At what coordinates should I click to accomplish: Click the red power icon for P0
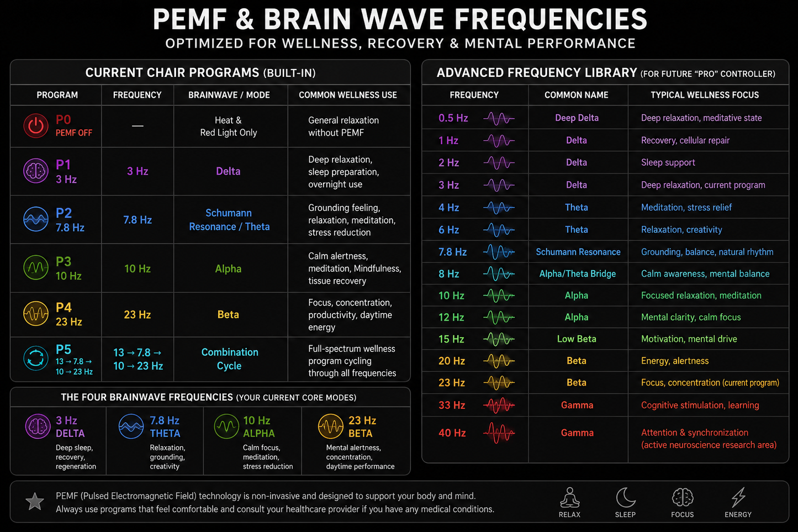click(x=36, y=126)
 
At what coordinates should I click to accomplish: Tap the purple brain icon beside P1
click(x=36, y=171)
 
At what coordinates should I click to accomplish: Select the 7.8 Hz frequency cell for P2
click(x=138, y=220)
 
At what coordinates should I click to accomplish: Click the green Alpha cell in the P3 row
click(x=228, y=268)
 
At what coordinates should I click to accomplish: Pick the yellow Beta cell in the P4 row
click(x=228, y=315)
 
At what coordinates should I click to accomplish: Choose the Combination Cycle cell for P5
click(x=229, y=359)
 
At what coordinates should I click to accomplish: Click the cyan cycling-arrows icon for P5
click(x=36, y=359)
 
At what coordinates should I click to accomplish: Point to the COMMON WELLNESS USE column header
click(x=348, y=95)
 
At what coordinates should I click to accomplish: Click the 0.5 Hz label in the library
click(x=453, y=118)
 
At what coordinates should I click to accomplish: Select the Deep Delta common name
click(x=577, y=118)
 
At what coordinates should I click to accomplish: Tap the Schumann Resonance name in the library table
click(x=578, y=252)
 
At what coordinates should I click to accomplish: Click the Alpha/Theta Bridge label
click(x=578, y=273)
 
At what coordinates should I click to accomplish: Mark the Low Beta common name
click(x=577, y=339)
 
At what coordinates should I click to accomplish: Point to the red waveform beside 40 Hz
click(x=499, y=433)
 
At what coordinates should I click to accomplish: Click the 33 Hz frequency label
click(x=452, y=405)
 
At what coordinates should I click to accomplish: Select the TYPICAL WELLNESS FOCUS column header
click(x=705, y=95)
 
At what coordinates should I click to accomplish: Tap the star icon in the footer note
click(x=35, y=502)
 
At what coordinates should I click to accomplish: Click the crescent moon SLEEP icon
click(x=626, y=497)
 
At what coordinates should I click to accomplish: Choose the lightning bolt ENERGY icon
click(x=738, y=497)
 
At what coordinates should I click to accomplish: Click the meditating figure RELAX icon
click(x=569, y=497)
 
